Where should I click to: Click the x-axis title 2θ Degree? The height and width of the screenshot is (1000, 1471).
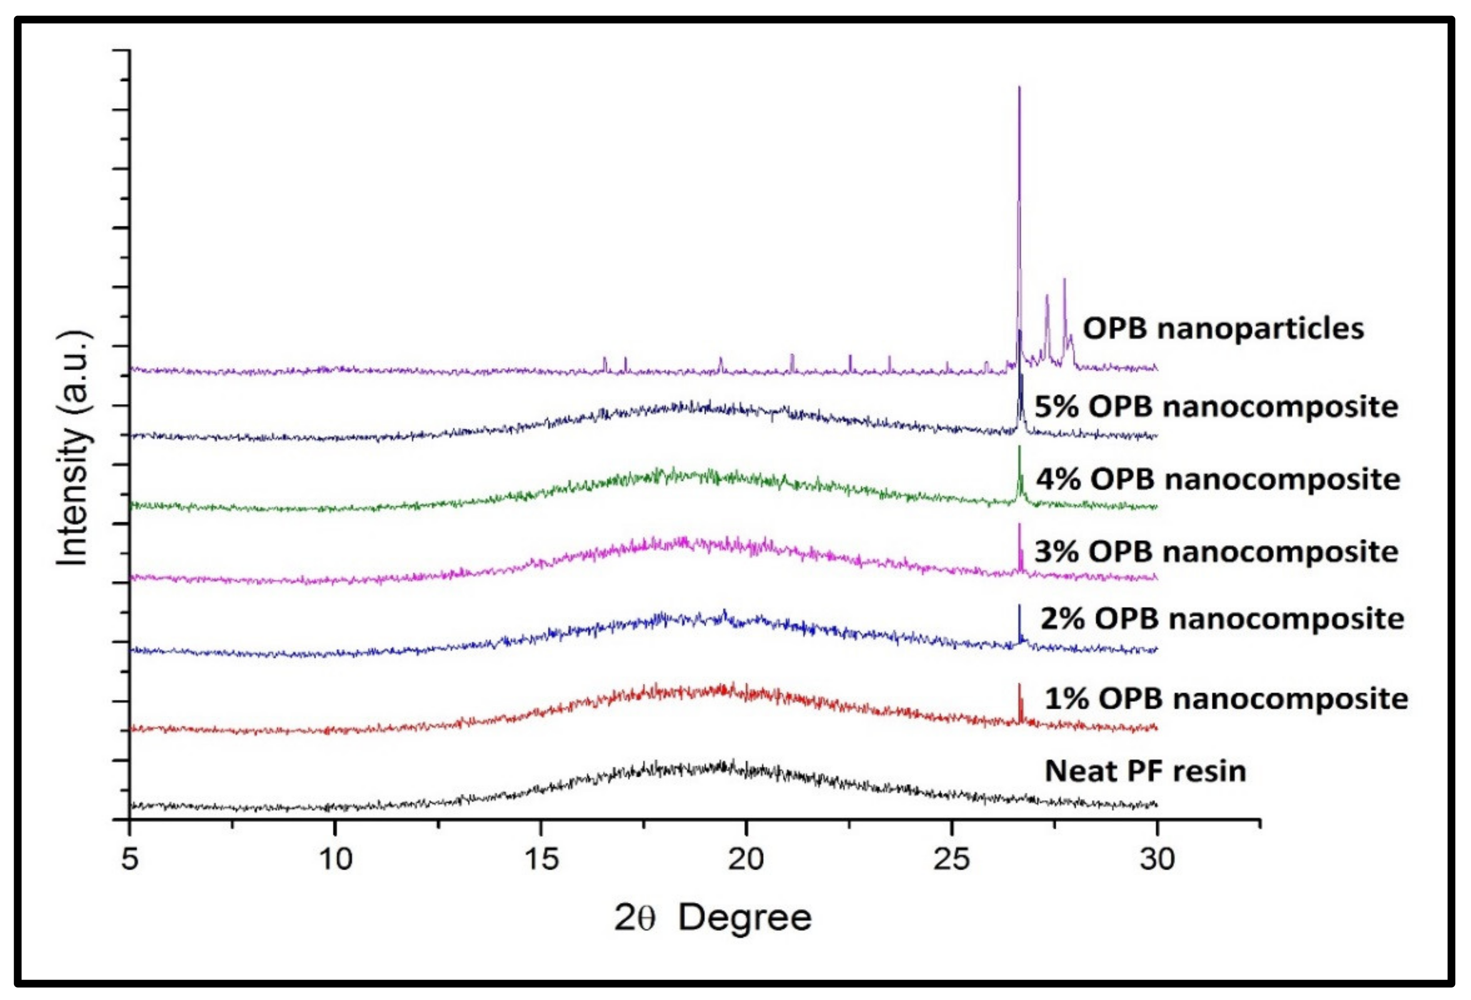point(713,918)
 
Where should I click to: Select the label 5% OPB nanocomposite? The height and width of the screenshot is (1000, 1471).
point(1216,406)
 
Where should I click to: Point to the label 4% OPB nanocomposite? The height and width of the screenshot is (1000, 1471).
point(1218,479)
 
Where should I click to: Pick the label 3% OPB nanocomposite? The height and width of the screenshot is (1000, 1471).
point(1216,551)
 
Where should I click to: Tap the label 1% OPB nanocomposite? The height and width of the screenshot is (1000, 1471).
point(1226,699)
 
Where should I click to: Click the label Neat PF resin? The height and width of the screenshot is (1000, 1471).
point(1145,771)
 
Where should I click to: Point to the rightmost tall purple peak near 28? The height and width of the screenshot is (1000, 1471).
point(1064,280)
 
